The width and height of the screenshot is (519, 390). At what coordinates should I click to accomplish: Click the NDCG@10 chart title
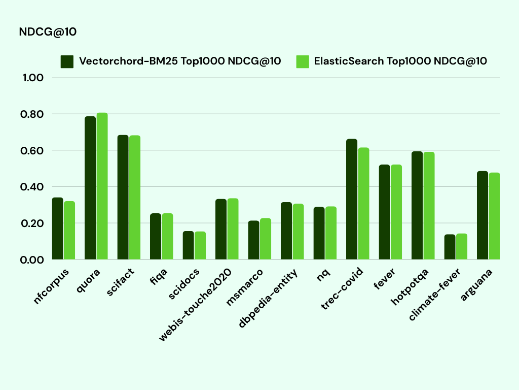48,32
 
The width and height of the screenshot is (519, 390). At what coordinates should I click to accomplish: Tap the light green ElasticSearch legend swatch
303,61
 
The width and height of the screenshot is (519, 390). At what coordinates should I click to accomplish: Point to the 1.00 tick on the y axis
33,78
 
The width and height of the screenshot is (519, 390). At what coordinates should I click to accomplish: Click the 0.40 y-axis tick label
33,187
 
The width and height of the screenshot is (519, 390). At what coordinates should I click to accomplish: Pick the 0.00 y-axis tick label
33,259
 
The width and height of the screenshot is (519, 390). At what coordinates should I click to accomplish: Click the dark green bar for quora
90,188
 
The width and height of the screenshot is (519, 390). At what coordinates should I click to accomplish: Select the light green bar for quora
102,186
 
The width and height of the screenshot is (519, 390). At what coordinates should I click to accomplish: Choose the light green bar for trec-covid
363,203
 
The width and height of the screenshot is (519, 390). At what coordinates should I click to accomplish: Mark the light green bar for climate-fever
461,246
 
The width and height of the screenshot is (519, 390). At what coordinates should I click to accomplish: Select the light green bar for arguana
494,216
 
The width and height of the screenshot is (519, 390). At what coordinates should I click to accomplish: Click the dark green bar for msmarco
253,240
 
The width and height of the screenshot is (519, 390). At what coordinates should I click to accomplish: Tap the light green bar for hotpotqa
429,206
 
